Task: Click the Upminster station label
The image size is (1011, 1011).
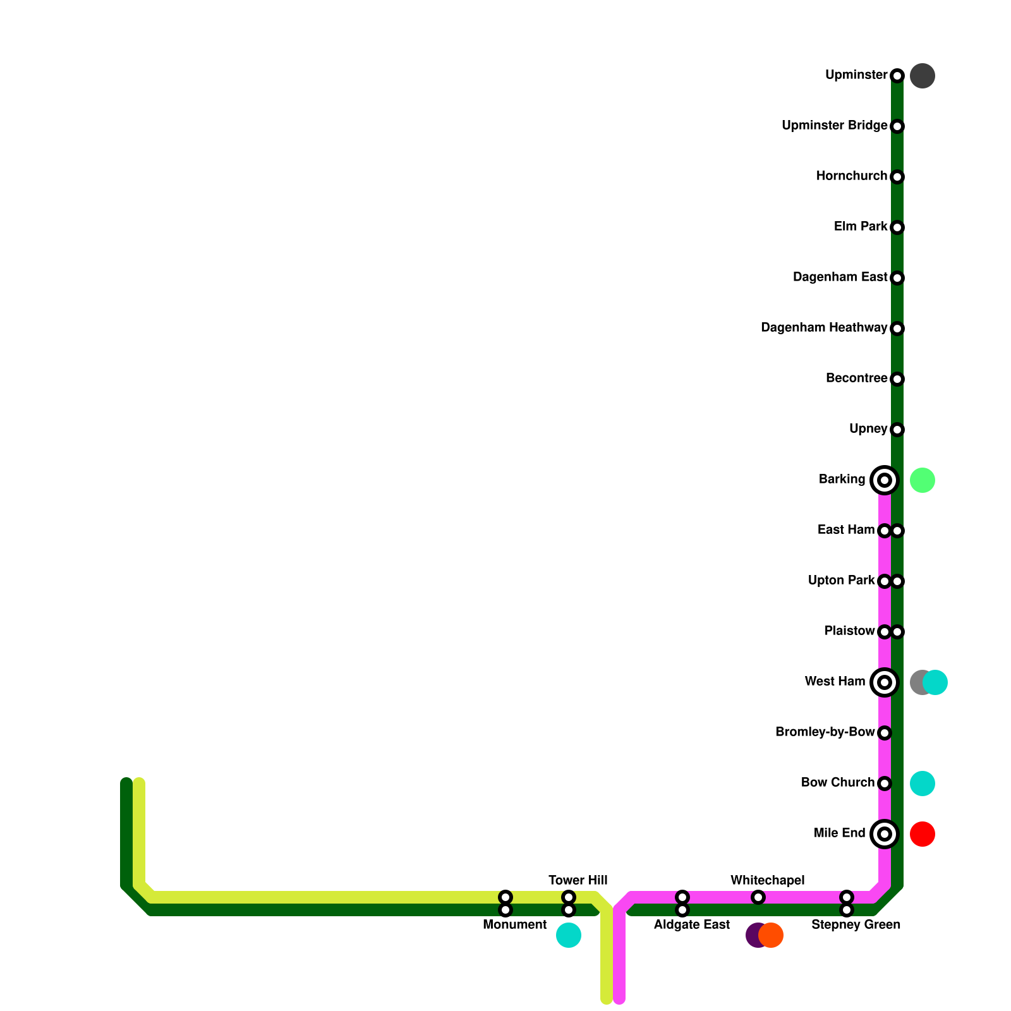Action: tap(856, 75)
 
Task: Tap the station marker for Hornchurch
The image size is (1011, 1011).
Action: tap(897, 177)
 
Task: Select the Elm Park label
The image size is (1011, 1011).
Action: tap(860, 226)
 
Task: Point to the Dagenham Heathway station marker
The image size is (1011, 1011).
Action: tap(897, 329)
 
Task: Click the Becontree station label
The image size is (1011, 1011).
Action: tap(856, 378)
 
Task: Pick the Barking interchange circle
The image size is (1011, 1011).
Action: tap(885, 480)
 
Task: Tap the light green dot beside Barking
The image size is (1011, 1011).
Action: tap(923, 480)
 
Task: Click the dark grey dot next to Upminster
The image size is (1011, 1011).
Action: tap(923, 76)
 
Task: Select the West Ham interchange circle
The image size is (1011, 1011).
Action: tap(885, 682)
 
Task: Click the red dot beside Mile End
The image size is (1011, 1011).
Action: tap(923, 834)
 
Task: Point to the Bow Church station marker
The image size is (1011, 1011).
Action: tap(885, 784)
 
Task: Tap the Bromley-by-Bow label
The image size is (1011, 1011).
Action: tap(825, 732)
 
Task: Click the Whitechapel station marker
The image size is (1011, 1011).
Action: tap(758, 897)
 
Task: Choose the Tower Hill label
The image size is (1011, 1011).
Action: tap(578, 880)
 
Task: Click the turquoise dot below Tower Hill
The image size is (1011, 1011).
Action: tap(569, 935)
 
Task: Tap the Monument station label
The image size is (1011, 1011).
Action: tap(514, 925)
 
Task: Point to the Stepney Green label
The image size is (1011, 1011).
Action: tap(856, 925)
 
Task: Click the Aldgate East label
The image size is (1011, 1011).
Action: tap(691, 925)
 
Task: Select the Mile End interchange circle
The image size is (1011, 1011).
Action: tap(885, 834)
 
